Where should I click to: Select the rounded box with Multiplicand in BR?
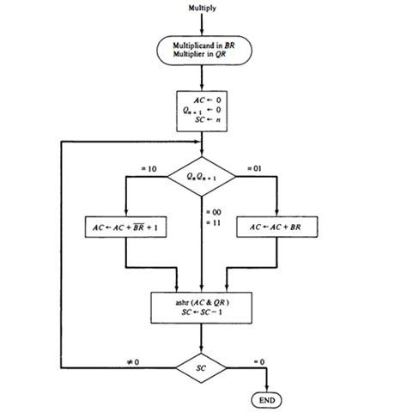(202, 51)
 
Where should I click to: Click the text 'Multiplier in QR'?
(202, 57)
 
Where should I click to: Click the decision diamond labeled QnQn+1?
(202, 176)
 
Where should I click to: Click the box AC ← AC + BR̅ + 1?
(126, 228)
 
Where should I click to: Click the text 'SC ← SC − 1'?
(203, 312)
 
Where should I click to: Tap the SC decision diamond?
(202, 367)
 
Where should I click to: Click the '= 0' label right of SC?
(259, 361)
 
